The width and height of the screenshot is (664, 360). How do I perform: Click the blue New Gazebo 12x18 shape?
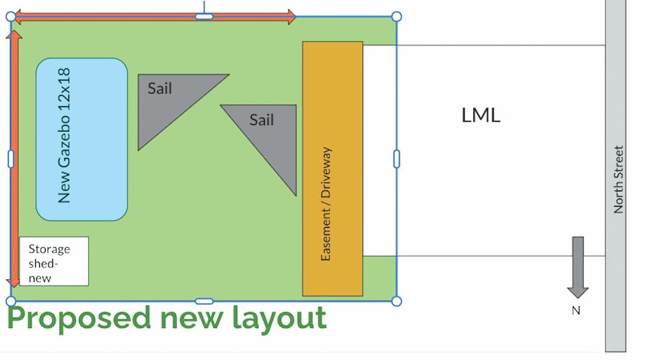coord(81,139)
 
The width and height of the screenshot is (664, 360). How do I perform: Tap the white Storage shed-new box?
coord(54,261)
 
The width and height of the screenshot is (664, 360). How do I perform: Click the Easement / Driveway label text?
coord(326,203)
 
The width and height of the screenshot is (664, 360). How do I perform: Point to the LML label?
coord(481,116)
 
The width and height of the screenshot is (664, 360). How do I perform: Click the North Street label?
coord(619,179)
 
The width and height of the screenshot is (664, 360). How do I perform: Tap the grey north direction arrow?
coord(578,266)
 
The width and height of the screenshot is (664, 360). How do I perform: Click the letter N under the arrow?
coord(576,310)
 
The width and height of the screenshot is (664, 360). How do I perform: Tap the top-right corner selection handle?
coord(396,17)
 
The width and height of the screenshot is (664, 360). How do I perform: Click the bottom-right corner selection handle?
coord(396,302)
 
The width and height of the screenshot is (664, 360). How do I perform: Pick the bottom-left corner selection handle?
coord(11,302)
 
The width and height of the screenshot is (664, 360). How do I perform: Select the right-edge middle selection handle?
coord(396,159)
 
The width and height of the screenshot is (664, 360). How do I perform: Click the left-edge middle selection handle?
coord(11,159)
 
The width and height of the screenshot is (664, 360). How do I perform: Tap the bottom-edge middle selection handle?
coord(204,302)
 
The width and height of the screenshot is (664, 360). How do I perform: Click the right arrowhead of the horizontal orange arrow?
coord(291,17)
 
